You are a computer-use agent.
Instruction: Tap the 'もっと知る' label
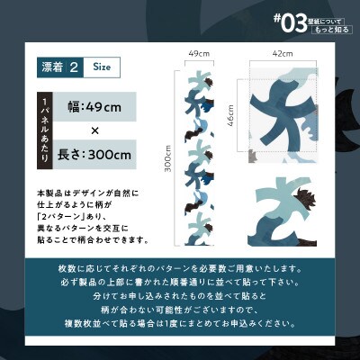(x=330, y=30)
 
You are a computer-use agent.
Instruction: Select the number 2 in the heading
(x=75, y=67)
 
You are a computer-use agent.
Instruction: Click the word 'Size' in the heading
(x=102, y=67)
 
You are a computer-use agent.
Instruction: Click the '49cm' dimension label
(x=199, y=54)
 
